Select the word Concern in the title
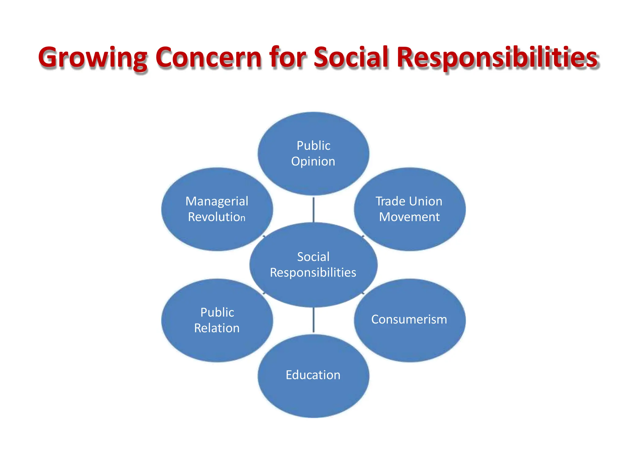point(208,58)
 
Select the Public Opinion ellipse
point(313,177)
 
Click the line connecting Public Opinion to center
point(313,210)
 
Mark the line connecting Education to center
point(313,320)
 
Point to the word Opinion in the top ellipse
point(313,162)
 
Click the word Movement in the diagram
point(409,217)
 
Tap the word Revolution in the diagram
point(216,217)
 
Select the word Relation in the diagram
point(217,328)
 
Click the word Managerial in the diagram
point(217,201)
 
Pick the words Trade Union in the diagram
point(409,201)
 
